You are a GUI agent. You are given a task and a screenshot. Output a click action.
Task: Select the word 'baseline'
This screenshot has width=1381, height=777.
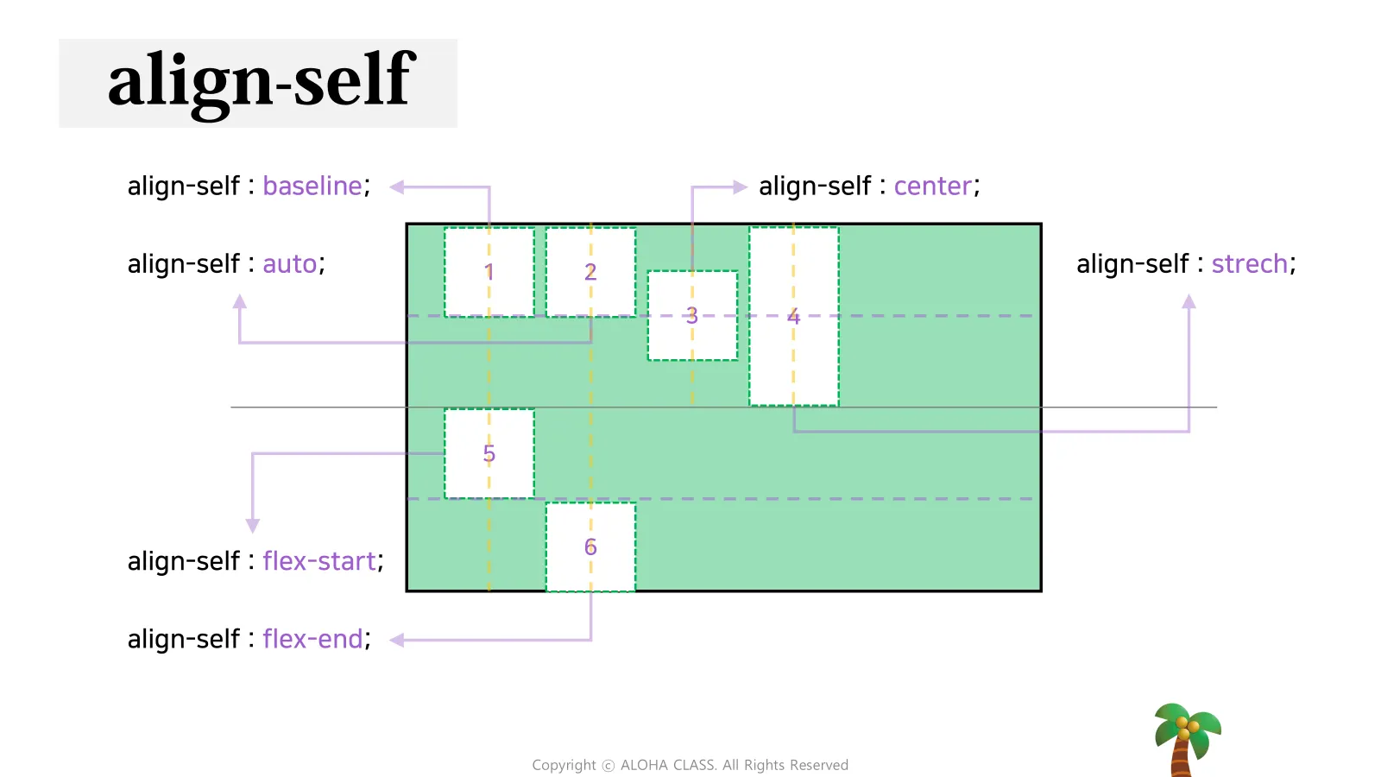(312, 186)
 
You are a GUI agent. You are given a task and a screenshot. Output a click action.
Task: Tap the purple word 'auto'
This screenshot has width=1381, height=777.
(290, 264)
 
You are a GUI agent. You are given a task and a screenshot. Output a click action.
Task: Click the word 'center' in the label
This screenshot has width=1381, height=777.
(933, 186)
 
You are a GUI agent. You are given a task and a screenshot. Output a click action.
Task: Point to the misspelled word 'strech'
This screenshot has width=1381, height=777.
(1250, 264)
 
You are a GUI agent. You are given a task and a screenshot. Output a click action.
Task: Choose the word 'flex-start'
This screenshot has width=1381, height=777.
(319, 561)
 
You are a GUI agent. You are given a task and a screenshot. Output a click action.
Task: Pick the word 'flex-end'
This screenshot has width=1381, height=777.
(312, 639)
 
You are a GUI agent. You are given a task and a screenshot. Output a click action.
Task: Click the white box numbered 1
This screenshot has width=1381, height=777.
(489, 272)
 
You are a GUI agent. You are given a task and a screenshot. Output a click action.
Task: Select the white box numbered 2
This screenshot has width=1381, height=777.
(590, 272)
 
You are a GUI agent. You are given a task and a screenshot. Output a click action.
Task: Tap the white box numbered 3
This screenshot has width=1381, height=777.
(692, 315)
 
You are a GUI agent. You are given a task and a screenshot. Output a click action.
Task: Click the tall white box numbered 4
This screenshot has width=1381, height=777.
(794, 316)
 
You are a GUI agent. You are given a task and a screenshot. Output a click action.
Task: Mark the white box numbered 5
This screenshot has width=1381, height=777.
(489, 453)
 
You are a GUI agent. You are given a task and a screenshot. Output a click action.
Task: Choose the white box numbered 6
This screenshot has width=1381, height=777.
(590, 547)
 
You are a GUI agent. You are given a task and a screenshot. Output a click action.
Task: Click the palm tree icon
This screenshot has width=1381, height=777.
(1188, 740)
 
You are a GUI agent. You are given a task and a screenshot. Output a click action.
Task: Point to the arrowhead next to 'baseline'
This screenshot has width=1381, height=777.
(397, 186)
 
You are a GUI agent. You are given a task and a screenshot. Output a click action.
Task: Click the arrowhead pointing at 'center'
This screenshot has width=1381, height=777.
(740, 186)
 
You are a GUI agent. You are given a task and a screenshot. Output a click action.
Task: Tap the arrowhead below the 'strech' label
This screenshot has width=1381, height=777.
(1189, 301)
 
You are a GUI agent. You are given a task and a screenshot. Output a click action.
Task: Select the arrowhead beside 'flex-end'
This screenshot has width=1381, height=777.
(397, 640)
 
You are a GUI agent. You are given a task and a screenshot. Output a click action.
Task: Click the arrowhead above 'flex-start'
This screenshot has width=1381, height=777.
(253, 526)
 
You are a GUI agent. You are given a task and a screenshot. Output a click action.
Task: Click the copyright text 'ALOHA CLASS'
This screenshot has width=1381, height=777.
(668, 765)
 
